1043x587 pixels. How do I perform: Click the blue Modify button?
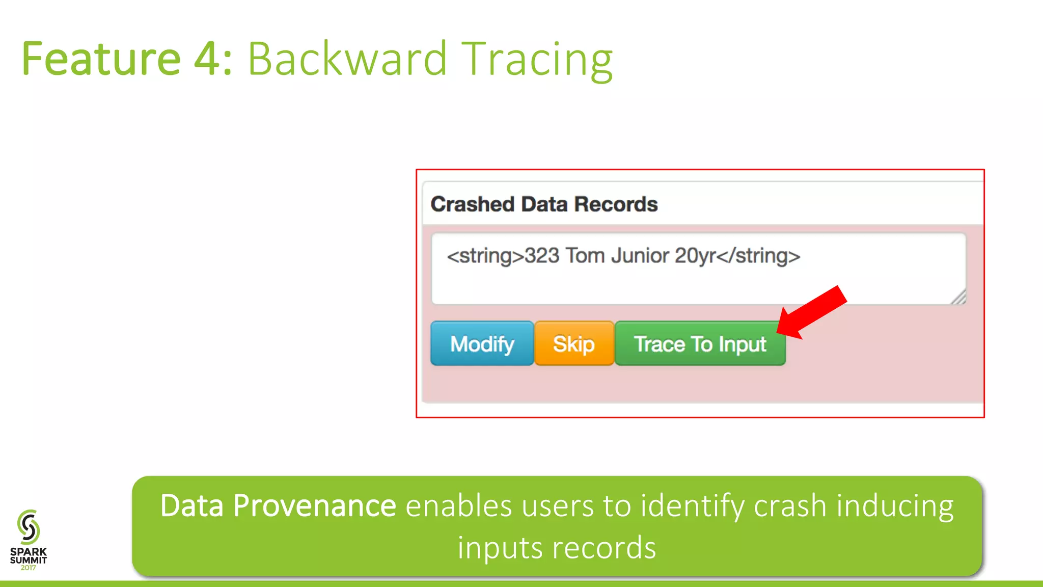[482, 344]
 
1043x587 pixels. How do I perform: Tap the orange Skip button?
[574, 344]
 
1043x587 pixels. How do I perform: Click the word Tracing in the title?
[537, 60]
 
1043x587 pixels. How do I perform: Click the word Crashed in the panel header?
[473, 204]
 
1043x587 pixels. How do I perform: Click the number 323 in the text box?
[542, 256]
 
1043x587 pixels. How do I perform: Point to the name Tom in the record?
[585, 256]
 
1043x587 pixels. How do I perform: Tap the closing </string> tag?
[758, 256]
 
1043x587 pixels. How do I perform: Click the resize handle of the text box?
[958, 297]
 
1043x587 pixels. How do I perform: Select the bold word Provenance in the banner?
[314, 506]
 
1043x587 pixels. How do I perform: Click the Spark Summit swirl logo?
[29, 527]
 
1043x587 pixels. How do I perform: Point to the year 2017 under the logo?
[28, 568]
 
